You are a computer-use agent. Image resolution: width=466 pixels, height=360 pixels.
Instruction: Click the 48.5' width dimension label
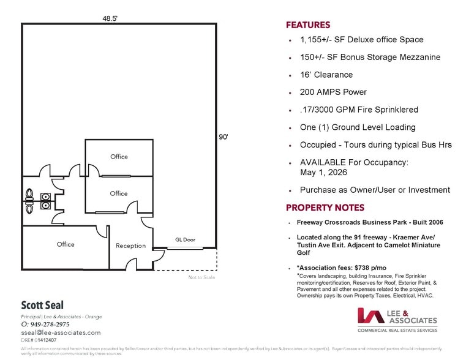pos(110,18)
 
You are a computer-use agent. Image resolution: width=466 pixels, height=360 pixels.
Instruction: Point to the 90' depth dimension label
pos(224,137)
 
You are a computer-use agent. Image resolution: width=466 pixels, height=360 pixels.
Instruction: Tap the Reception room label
pos(131,246)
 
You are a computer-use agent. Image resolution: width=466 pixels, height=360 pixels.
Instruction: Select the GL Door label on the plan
pos(185,239)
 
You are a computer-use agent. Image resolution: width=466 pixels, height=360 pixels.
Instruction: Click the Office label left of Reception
pos(66,244)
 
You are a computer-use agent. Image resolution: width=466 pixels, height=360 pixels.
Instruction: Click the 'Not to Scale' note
pos(203,277)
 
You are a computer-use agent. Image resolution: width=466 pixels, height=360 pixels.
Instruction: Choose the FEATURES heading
pos(308,25)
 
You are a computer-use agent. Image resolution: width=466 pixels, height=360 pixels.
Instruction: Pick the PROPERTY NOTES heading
pos(325,208)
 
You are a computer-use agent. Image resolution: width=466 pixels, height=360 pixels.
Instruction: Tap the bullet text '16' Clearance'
pos(326,75)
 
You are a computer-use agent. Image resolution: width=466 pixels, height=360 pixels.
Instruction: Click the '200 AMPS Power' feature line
pos(333,92)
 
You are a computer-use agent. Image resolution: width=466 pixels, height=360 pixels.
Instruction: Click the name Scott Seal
pos(42,305)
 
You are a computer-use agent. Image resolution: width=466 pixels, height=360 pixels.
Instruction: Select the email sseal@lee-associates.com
pos(61,332)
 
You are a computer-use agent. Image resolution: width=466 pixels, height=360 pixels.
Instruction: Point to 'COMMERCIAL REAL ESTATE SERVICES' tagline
pos(397,330)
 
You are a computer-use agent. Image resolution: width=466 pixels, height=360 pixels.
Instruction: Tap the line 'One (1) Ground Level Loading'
pos(358,127)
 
